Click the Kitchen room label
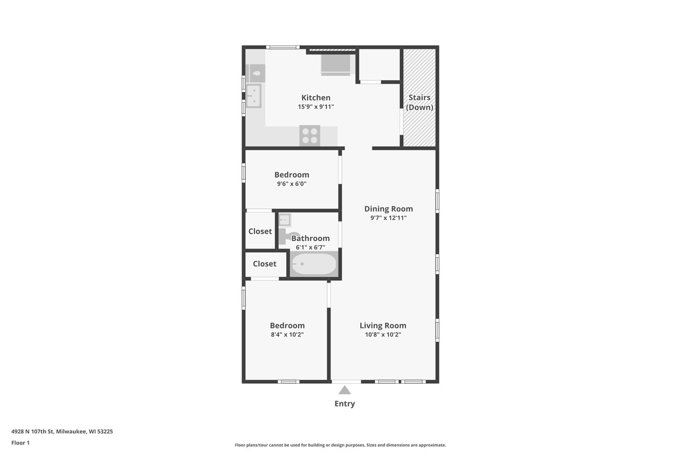[x=315, y=97]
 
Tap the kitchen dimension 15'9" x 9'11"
[x=315, y=106]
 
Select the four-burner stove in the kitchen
[x=310, y=135]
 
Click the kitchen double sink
[x=254, y=96]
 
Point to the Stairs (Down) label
[x=419, y=102]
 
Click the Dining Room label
[x=388, y=209]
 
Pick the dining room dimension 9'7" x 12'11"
[x=388, y=218]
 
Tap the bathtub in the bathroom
[x=314, y=264]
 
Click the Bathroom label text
[x=310, y=238]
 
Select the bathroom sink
[x=285, y=219]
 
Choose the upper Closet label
[x=260, y=231]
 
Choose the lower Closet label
[x=264, y=263]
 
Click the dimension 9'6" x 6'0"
[x=292, y=184]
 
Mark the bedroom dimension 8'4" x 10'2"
[x=287, y=335]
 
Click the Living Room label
[x=383, y=326]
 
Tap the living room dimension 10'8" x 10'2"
[x=383, y=335]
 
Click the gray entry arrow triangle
[x=345, y=390]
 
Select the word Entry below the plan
[x=345, y=403]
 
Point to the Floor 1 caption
[x=20, y=443]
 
